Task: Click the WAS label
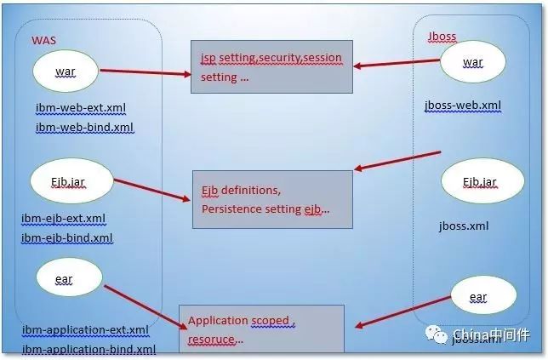coord(44,40)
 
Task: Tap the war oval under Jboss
coord(472,63)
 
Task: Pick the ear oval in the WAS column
coord(68,277)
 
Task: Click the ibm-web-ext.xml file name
coord(82,109)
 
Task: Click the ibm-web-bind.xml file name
coord(85,128)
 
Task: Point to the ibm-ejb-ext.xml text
coord(65,219)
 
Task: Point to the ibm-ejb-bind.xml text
coord(67,238)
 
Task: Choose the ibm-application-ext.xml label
coord(86,329)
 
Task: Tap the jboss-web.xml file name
coord(463,106)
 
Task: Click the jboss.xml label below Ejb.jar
coord(464,226)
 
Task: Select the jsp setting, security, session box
coord(271,67)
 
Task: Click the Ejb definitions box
coord(271,199)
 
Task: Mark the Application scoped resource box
coord(260,329)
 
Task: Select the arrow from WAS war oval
coord(145,71)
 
